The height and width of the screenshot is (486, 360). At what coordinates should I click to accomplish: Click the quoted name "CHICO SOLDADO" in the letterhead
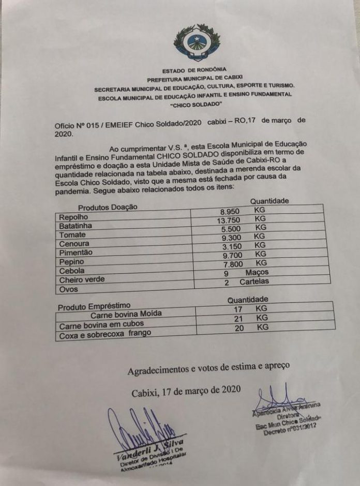pos(196,104)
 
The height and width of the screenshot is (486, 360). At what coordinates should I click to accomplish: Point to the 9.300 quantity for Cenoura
pos(231,236)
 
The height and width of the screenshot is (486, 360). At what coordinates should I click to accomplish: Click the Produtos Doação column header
pos(108,207)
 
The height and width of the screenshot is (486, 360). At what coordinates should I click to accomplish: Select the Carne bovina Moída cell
pos(126,314)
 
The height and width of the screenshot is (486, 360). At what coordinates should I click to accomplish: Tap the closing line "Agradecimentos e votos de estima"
pos(209,367)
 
